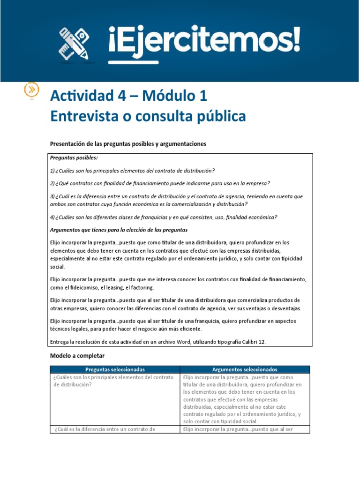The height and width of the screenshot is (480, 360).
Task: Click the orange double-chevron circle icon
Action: pos(31,90)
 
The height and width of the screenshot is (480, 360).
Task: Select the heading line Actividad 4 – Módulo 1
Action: pos(128,96)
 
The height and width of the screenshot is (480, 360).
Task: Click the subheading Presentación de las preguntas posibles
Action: pos(127,144)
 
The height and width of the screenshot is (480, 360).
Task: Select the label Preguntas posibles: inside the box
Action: pos(74,158)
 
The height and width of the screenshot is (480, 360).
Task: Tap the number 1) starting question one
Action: pos(52,171)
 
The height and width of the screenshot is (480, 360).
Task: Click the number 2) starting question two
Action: pos(52,183)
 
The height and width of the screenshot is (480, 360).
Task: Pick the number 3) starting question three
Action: pos(52,196)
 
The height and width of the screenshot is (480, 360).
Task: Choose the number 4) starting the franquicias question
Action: pos(52,217)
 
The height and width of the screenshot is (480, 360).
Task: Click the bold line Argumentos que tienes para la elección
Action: pos(119,230)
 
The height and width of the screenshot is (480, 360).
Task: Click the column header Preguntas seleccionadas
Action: pos(115,369)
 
